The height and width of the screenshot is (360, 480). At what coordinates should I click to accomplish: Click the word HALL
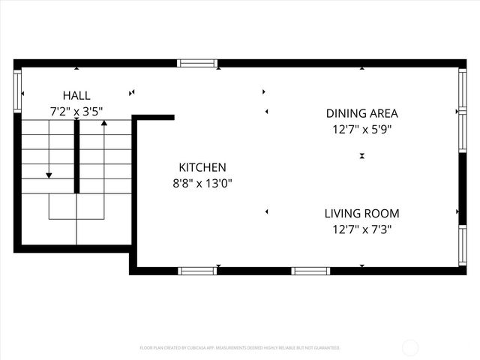click(76, 95)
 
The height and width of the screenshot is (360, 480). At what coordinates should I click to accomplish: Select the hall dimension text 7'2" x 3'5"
click(76, 112)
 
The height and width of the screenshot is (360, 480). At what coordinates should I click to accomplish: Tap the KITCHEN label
click(202, 167)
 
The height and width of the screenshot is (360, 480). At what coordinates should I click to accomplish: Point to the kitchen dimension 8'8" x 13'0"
click(202, 183)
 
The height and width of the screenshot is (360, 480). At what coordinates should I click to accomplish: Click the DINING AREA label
click(361, 113)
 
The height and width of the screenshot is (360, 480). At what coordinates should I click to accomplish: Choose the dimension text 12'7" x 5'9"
click(361, 129)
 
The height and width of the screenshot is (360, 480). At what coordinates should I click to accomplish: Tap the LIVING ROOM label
click(361, 213)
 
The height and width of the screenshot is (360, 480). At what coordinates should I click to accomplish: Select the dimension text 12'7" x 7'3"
click(361, 229)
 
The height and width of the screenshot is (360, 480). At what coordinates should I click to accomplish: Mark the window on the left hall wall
click(17, 91)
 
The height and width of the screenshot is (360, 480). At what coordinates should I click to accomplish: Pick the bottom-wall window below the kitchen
click(197, 271)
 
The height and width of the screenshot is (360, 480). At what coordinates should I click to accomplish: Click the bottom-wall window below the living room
click(310, 271)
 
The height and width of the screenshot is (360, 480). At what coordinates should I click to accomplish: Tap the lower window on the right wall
click(462, 245)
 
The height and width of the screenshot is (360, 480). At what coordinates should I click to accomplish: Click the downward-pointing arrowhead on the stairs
click(49, 175)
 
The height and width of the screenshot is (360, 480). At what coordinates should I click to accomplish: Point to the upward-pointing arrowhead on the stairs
click(104, 121)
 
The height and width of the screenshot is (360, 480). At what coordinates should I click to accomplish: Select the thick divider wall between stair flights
click(76, 156)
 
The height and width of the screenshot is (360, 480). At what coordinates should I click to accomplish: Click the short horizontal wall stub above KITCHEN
click(154, 117)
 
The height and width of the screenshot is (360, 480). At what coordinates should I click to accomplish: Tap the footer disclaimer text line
click(240, 348)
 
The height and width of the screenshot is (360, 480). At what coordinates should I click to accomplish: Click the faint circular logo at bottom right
click(410, 347)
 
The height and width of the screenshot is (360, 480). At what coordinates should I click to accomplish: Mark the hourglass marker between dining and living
click(361, 156)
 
